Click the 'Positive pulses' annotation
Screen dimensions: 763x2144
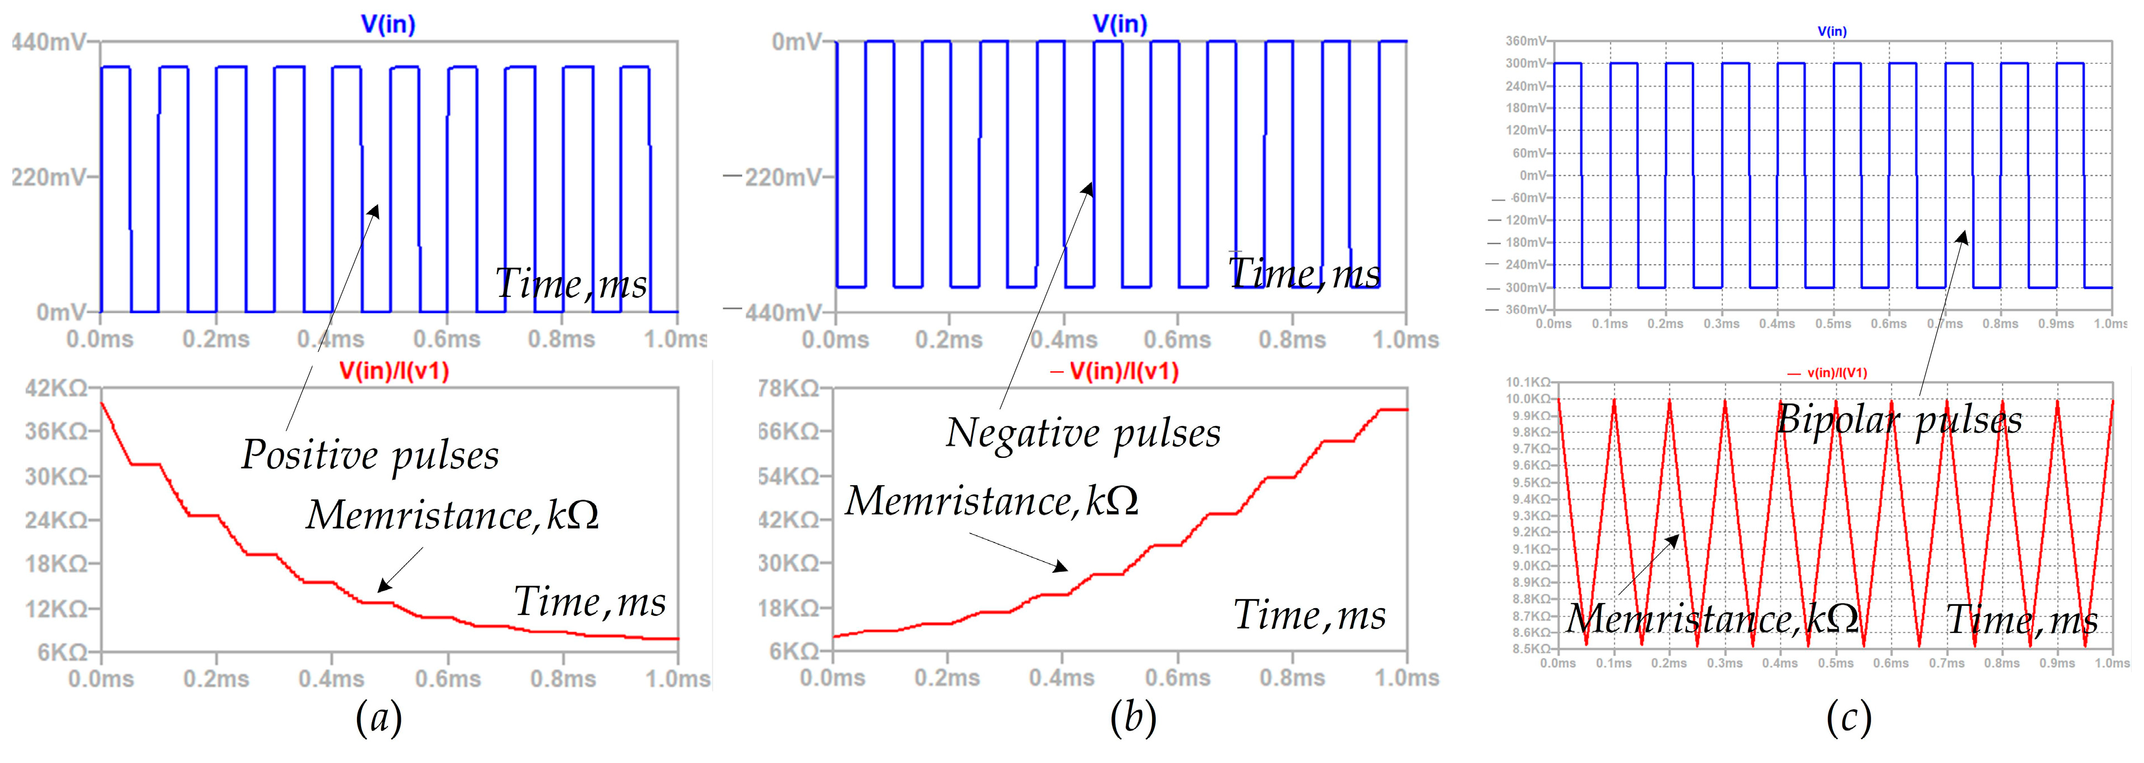coord(371,455)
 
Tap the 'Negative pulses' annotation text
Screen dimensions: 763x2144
coord(1083,433)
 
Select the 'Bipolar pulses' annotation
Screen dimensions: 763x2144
coord(1899,419)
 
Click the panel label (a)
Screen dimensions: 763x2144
coord(379,717)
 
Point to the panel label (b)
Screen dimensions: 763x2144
coord(1133,717)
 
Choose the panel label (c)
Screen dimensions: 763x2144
coord(1849,717)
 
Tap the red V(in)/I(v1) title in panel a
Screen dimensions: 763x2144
coord(394,371)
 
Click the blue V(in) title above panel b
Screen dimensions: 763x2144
coord(1119,24)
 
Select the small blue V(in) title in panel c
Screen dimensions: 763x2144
coord(1832,31)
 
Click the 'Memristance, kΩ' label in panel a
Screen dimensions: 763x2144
coord(452,515)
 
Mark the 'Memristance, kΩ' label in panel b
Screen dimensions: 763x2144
coord(991,501)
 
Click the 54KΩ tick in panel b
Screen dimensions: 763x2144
coord(787,476)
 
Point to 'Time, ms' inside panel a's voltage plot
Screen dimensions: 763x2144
coord(571,284)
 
